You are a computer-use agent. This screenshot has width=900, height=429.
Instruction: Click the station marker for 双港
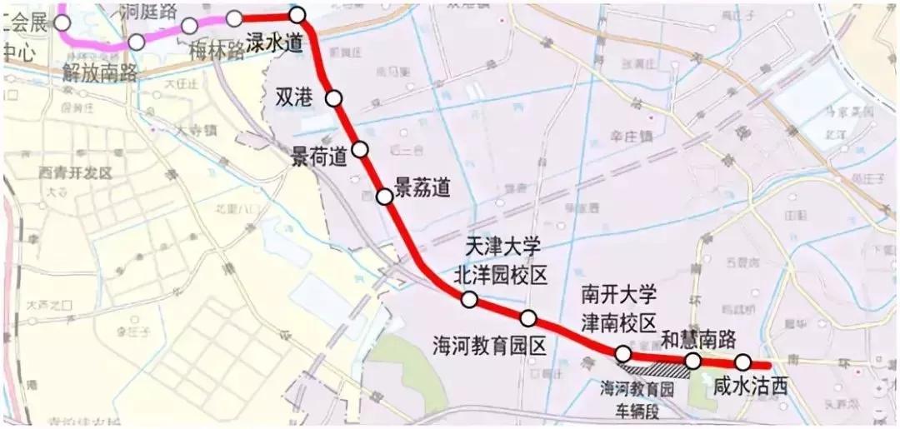[334, 98]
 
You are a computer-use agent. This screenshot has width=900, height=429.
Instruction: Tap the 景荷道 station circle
[360, 149]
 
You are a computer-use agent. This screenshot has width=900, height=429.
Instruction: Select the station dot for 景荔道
[384, 197]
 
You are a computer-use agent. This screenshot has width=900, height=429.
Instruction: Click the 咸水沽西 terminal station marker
[742, 362]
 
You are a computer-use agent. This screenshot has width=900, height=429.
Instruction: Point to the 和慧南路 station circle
[692, 360]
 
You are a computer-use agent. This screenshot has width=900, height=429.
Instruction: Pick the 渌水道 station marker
[297, 14]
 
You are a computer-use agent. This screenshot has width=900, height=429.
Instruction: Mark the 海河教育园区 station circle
[528, 317]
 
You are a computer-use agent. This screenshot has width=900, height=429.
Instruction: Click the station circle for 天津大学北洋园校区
[468, 300]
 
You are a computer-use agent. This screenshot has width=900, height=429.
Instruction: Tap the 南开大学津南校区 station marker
[622, 354]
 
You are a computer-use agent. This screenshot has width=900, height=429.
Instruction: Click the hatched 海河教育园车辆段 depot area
[658, 367]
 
